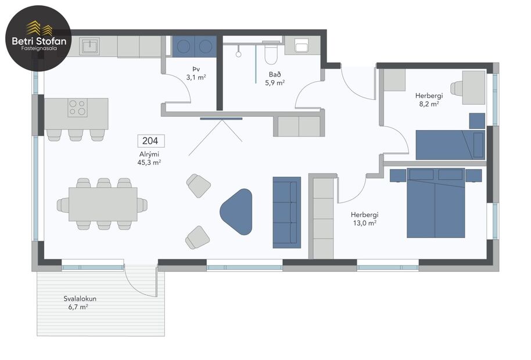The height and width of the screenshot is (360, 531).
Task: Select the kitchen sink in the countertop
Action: tap(90, 46)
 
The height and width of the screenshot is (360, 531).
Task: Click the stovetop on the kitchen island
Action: tap(77, 108)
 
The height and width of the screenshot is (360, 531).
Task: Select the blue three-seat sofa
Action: tap(286, 212)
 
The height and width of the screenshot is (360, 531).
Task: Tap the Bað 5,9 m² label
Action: tap(275, 78)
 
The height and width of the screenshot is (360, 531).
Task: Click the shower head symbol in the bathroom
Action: tap(238, 54)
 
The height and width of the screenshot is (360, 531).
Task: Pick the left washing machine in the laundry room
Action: tap(185, 46)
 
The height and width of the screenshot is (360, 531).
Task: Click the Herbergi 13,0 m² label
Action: tap(364, 218)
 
